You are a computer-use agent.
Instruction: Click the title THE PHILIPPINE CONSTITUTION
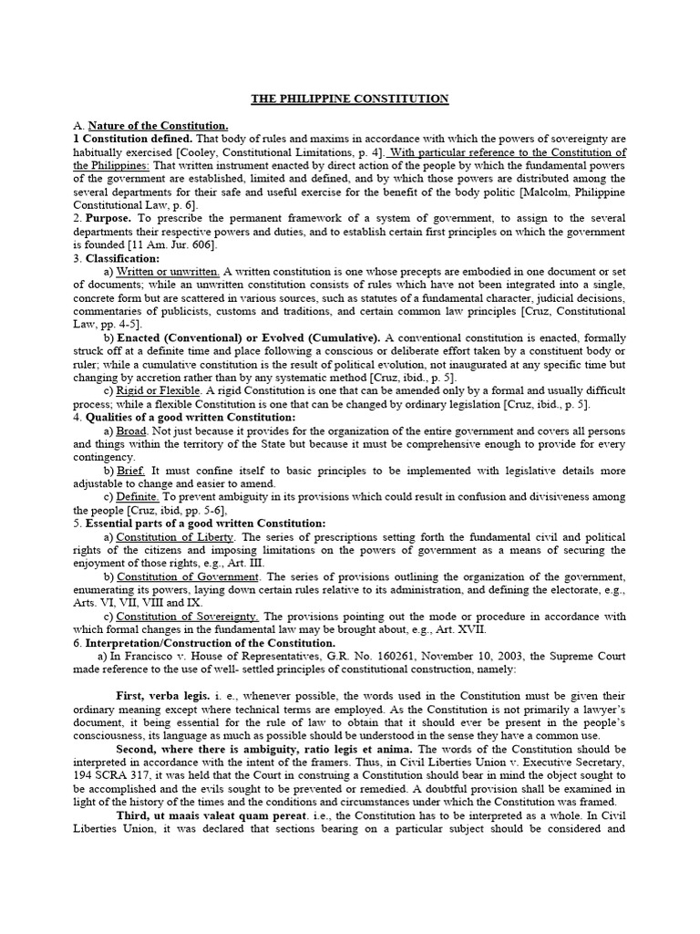[350, 99]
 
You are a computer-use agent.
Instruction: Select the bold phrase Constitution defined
[128, 139]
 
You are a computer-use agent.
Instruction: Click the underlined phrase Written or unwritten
[168, 272]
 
